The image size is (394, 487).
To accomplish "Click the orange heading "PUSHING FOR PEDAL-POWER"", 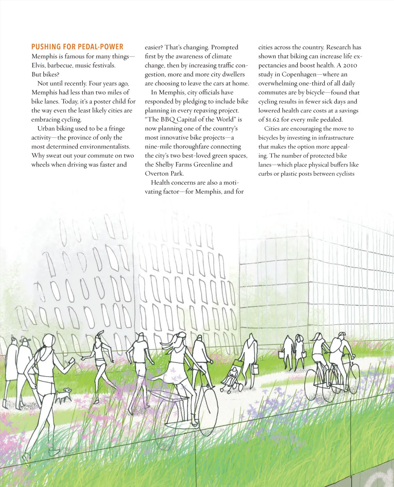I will (x=77, y=47).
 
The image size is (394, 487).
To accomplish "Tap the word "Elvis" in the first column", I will (x=38, y=65).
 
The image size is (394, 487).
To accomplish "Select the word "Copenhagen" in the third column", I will (x=299, y=74).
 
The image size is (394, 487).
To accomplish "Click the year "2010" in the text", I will (x=350, y=65).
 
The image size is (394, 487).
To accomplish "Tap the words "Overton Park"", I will (x=164, y=174).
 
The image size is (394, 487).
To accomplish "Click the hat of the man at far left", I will (x=25, y=340).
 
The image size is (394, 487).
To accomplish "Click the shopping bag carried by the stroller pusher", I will (x=255, y=368).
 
